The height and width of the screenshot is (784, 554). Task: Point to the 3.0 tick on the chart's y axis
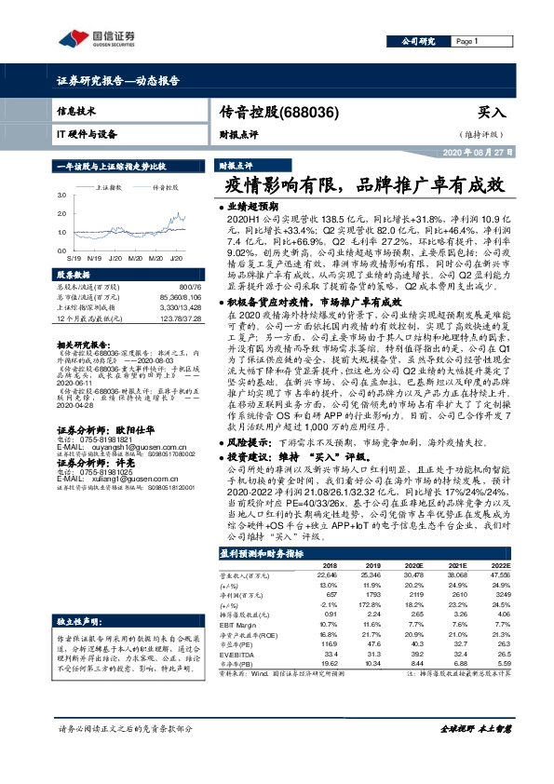(x=62, y=196)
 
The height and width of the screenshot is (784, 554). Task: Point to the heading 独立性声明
(x=77, y=620)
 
